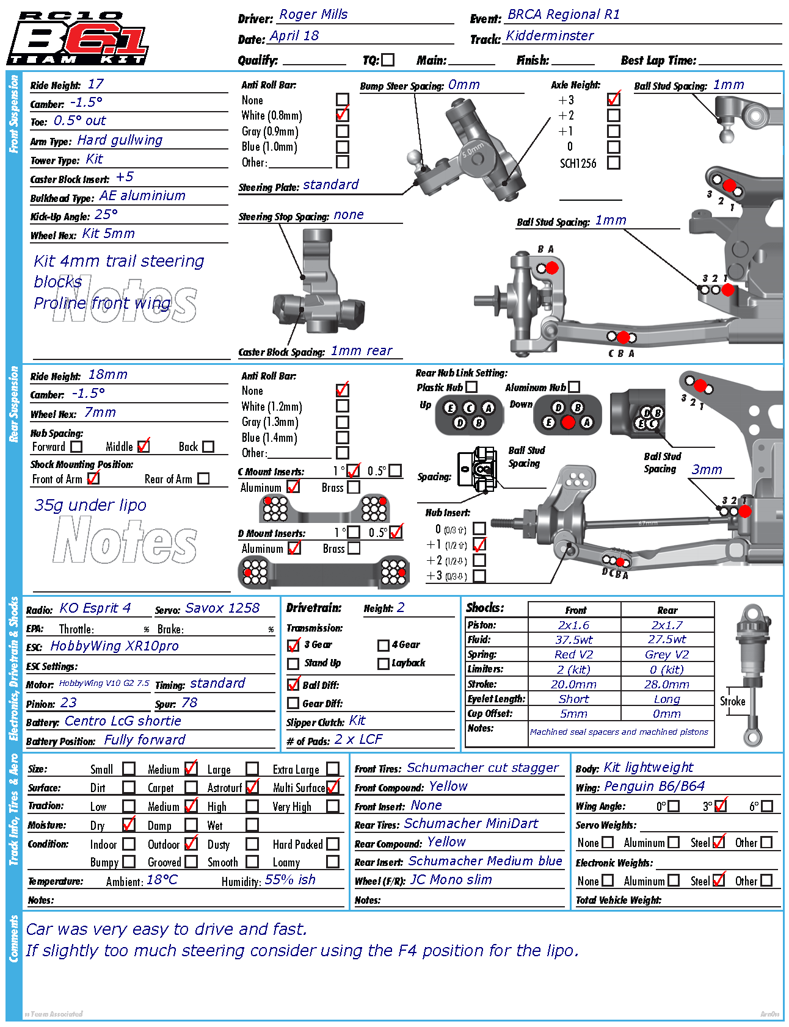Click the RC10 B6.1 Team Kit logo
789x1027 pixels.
[x=77, y=38]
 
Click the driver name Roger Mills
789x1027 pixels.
[x=313, y=15]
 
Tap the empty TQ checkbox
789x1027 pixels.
[x=388, y=60]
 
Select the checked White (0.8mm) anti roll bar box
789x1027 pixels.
[x=342, y=115]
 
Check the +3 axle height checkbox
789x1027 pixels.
[x=614, y=99]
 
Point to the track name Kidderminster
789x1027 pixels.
[x=550, y=36]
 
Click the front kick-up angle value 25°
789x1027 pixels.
[x=106, y=215]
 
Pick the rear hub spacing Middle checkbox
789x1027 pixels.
[x=144, y=447]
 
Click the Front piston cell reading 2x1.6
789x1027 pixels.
[x=573, y=625]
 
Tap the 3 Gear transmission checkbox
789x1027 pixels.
[x=294, y=645]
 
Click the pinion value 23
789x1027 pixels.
[x=68, y=703]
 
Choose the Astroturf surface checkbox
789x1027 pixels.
[x=252, y=787]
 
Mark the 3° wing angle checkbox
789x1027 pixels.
[x=721, y=806]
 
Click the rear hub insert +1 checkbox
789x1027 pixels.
[x=479, y=545]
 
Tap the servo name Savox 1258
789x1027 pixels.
[x=222, y=608]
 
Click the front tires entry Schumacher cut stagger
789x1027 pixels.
[x=482, y=768]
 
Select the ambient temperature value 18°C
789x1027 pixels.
[x=162, y=880]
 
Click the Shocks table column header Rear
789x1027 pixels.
[x=667, y=610]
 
